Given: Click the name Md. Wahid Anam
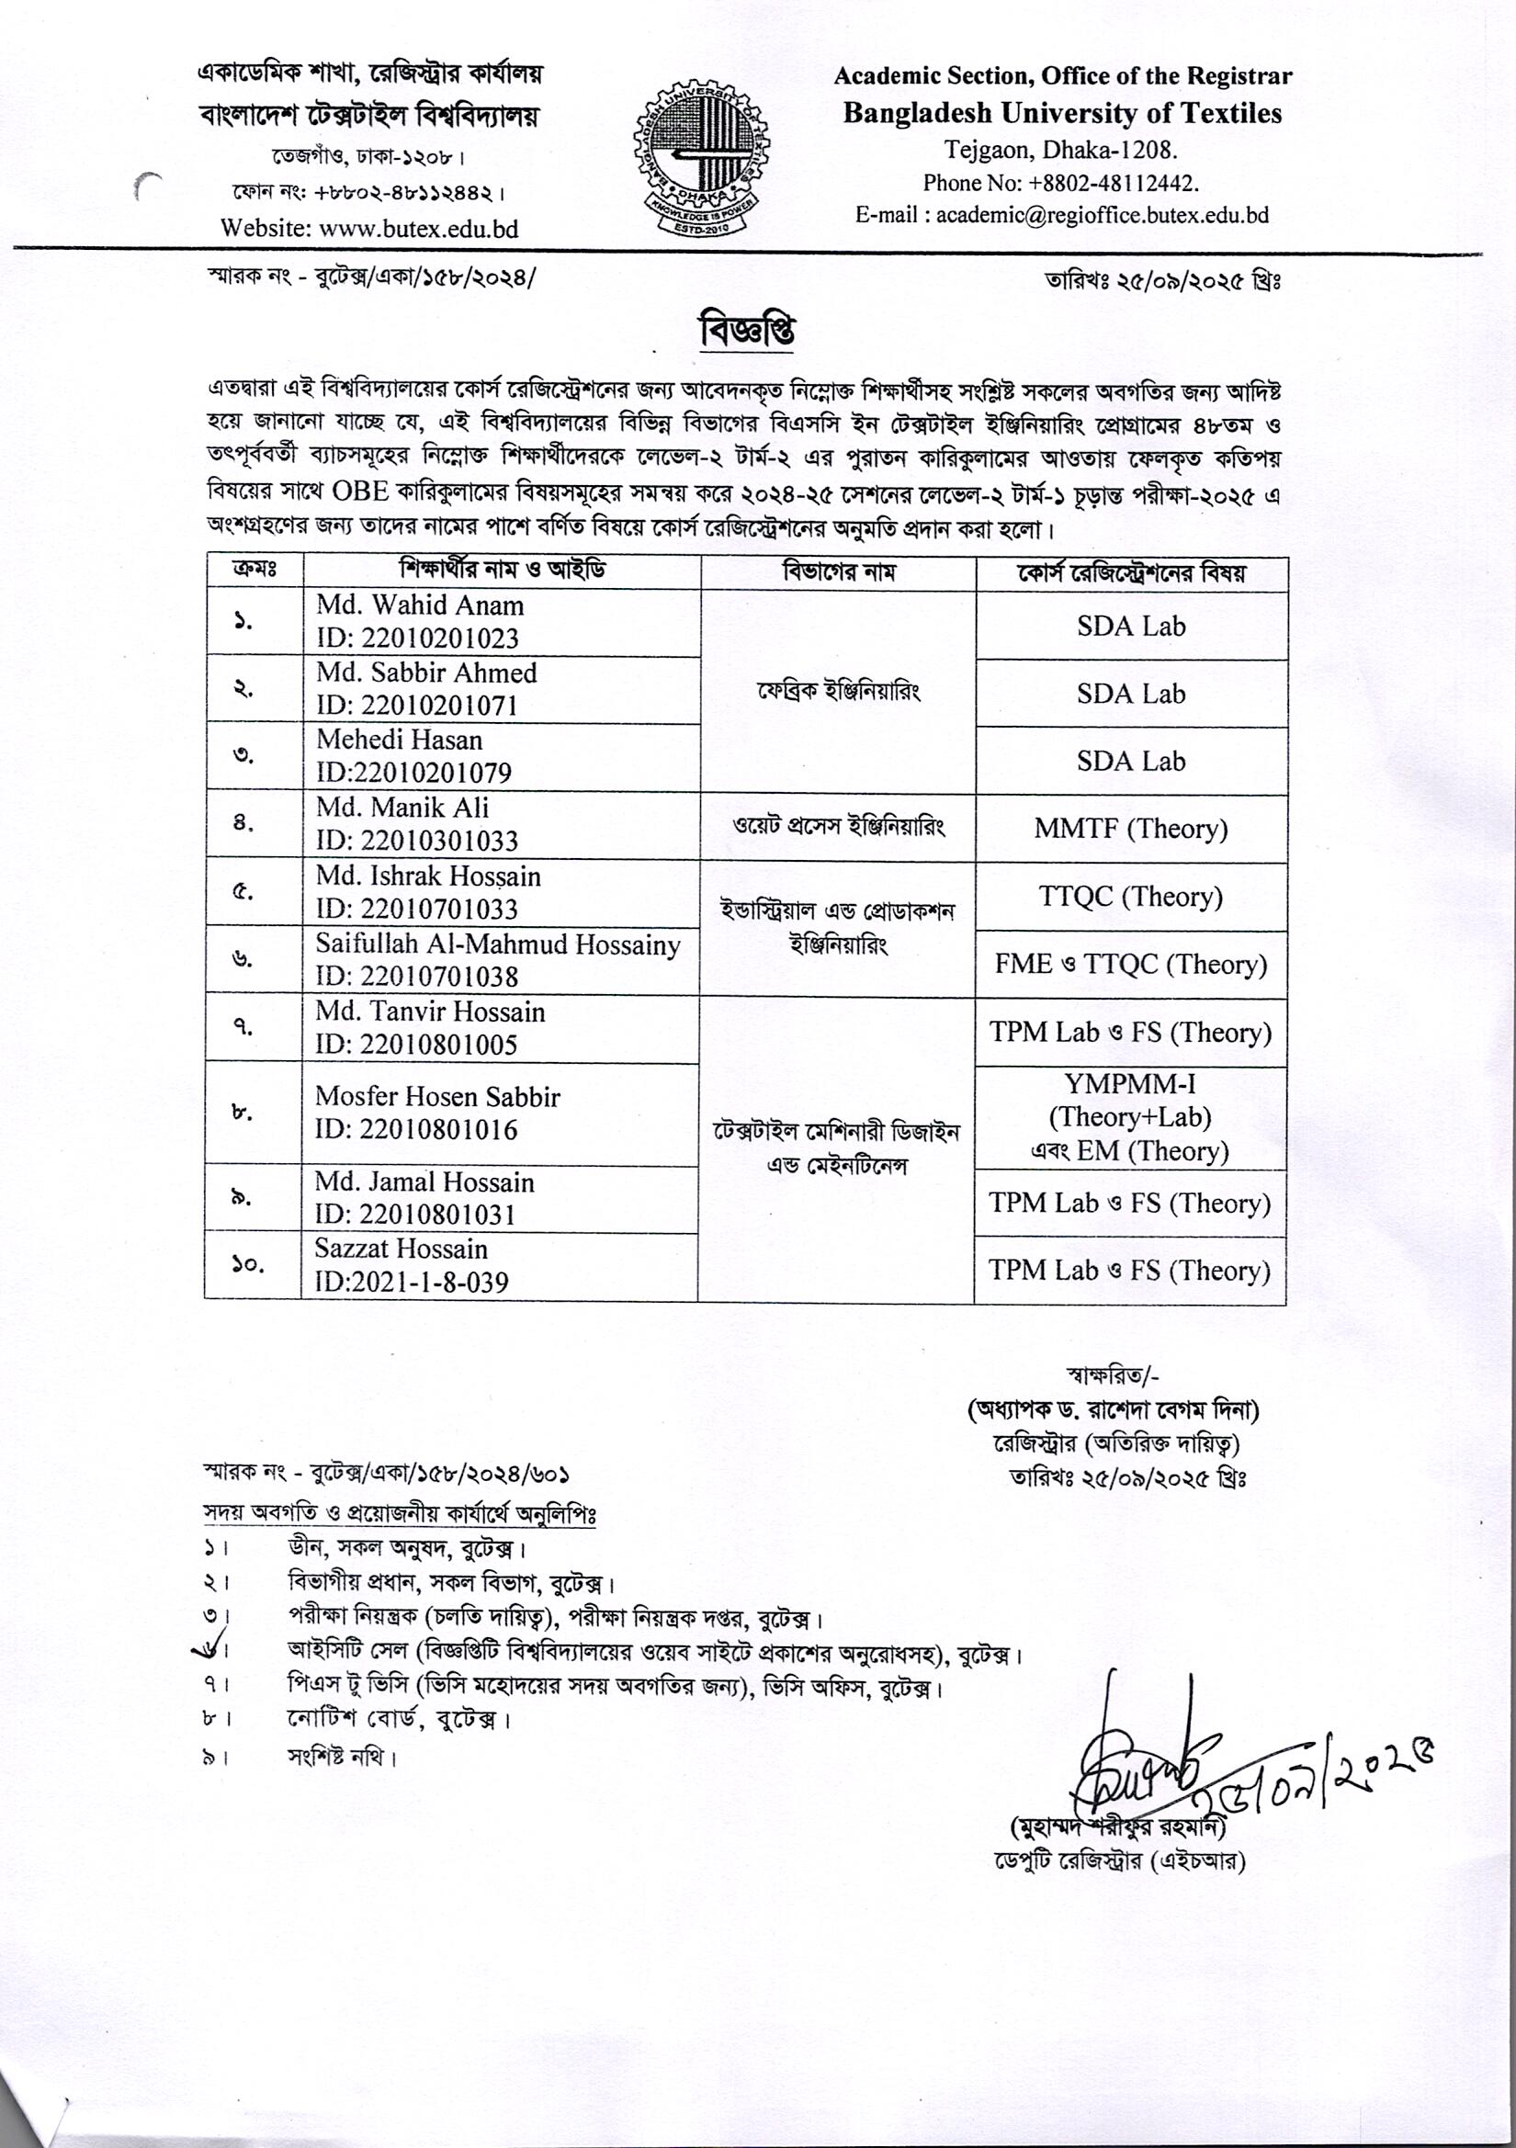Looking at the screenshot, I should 419,606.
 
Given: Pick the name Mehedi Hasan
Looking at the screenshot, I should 400,740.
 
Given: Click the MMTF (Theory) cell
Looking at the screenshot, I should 1130,829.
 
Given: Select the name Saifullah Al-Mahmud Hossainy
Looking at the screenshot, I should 497,944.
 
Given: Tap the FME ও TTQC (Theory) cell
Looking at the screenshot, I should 1130,965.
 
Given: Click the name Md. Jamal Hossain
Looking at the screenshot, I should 424,1182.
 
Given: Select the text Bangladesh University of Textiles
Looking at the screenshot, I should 1062,113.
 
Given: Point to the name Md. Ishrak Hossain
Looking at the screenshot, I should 427,876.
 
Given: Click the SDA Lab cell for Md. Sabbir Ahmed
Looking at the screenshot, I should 1130,695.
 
